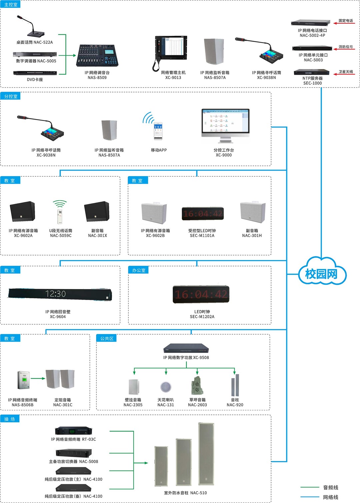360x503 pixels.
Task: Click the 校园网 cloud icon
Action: [322, 271]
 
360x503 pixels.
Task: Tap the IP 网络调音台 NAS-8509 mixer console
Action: [97, 55]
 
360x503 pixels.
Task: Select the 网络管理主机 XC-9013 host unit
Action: [170, 53]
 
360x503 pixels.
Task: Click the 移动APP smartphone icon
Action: [158, 131]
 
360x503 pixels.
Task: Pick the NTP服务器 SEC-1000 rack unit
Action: [311, 72]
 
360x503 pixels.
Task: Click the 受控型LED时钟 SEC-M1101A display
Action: [202, 214]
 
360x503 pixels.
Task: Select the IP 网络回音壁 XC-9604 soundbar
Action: [60, 294]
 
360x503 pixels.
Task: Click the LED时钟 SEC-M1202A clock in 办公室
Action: [201, 294]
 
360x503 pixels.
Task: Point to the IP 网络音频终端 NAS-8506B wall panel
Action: [24, 380]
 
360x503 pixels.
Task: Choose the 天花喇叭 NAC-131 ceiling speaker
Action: [166, 387]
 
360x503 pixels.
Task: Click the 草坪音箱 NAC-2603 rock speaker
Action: [197, 386]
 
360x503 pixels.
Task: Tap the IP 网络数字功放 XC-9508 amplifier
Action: [186, 348]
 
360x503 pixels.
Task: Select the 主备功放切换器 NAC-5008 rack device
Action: [74, 453]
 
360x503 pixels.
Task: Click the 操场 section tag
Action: [10, 419]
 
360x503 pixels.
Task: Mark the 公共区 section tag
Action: [107, 338]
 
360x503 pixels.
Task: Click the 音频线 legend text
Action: [331, 487]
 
